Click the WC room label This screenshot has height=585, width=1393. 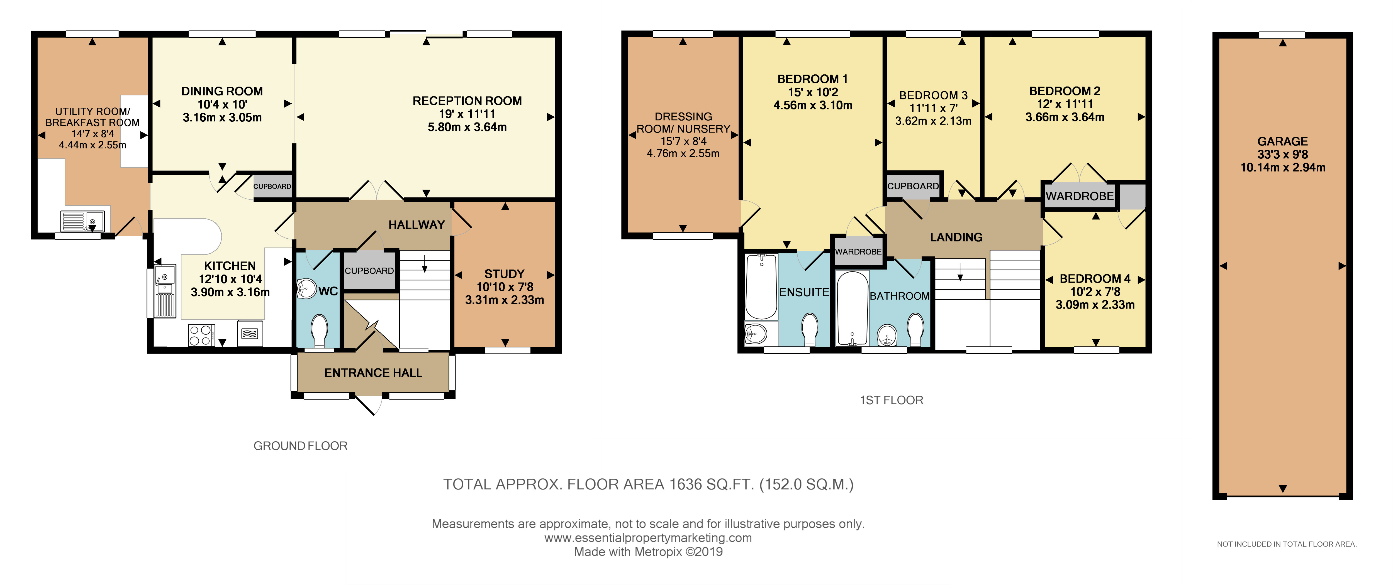point(328,292)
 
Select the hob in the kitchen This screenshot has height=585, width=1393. point(201,335)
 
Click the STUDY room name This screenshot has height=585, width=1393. point(504,274)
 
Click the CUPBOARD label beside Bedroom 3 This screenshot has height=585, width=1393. point(913,186)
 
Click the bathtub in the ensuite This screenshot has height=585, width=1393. point(761,287)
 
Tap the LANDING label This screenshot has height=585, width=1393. point(956,237)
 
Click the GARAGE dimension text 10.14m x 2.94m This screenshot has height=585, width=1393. point(1283,168)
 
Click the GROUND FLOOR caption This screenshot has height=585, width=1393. point(301,446)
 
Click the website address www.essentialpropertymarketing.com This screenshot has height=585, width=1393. point(648,538)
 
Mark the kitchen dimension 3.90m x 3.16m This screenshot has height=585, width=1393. point(230,292)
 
